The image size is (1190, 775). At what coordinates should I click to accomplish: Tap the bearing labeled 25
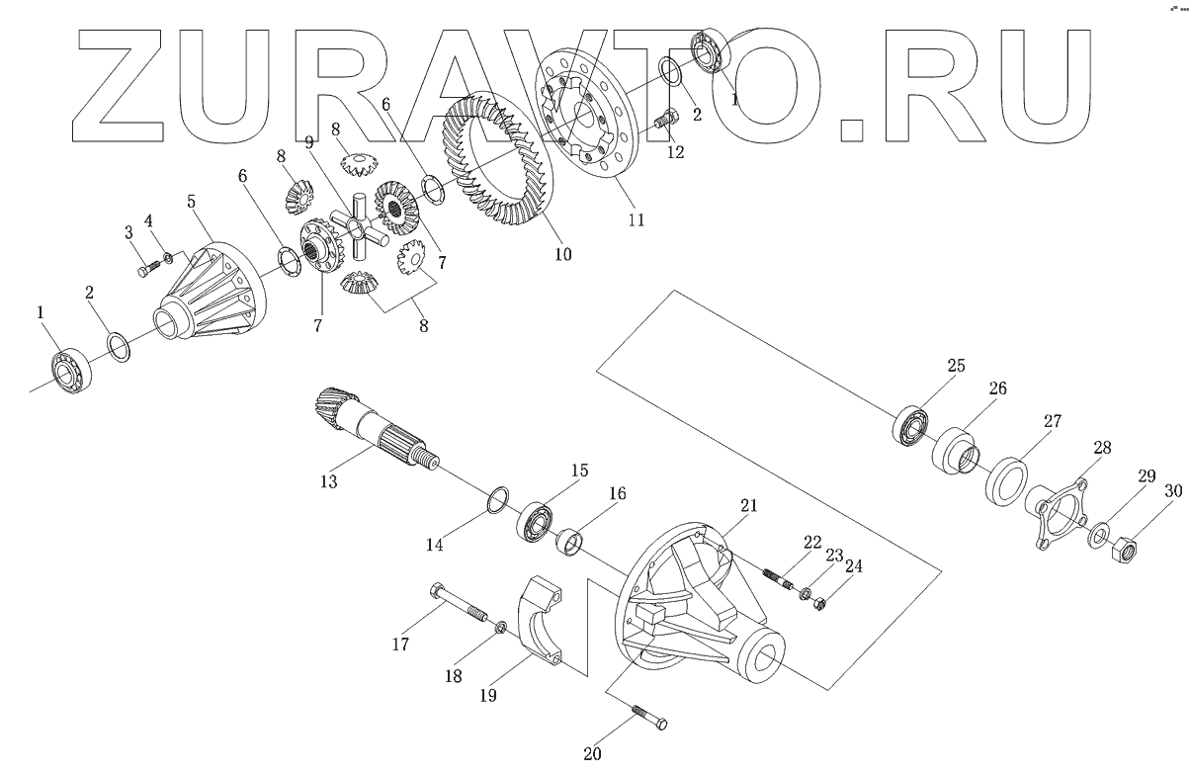912,426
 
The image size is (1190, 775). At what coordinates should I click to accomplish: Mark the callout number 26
997,389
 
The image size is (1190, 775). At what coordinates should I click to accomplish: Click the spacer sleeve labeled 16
571,543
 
